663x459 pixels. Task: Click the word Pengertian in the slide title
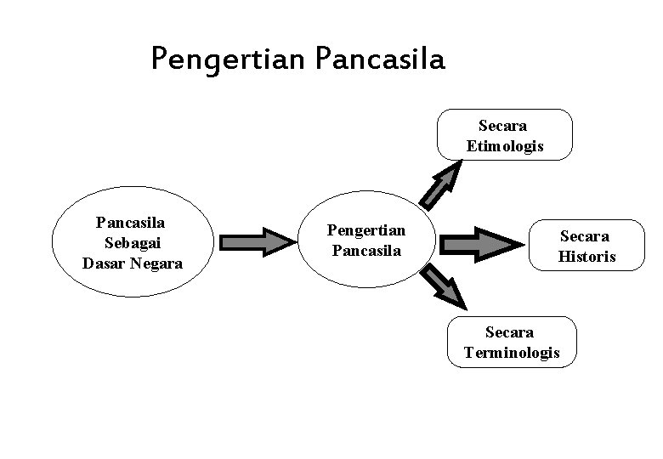[x=229, y=59]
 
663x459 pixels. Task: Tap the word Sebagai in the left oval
[x=132, y=242]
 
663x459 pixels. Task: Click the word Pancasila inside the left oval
[x=131, y=223]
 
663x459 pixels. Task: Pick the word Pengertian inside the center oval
[x=367, y=231]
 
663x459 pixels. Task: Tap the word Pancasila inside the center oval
[x=367, y=251]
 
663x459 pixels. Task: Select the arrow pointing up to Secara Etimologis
[x=442, y=184]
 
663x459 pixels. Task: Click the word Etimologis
[x=505, y=146]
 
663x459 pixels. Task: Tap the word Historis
[x=587, y=256]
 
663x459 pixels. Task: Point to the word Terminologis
[x=513, y=352]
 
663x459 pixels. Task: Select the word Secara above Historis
[x=585, y=235]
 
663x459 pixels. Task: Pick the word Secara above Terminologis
[x=510, y=331]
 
